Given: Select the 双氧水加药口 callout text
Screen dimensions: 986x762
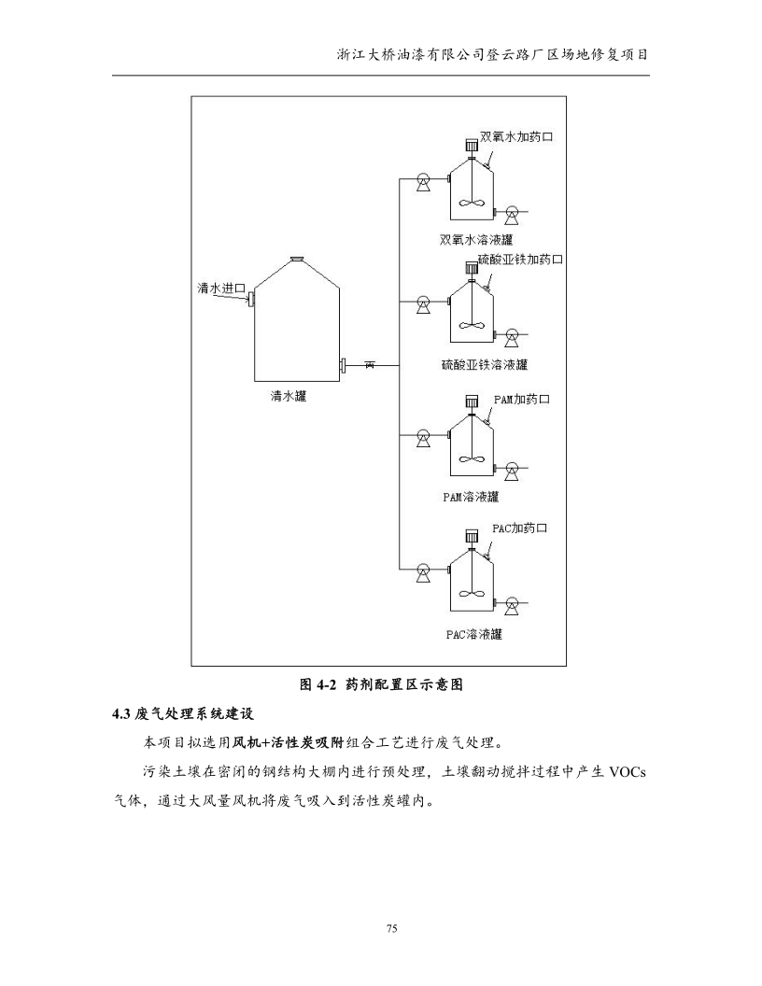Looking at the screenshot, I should (517, 138).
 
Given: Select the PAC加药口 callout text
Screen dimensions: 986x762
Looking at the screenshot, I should (520, 528).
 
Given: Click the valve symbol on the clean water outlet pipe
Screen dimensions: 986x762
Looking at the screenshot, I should (370, 365).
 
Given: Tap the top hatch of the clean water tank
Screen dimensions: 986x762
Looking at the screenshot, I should (296, 260).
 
